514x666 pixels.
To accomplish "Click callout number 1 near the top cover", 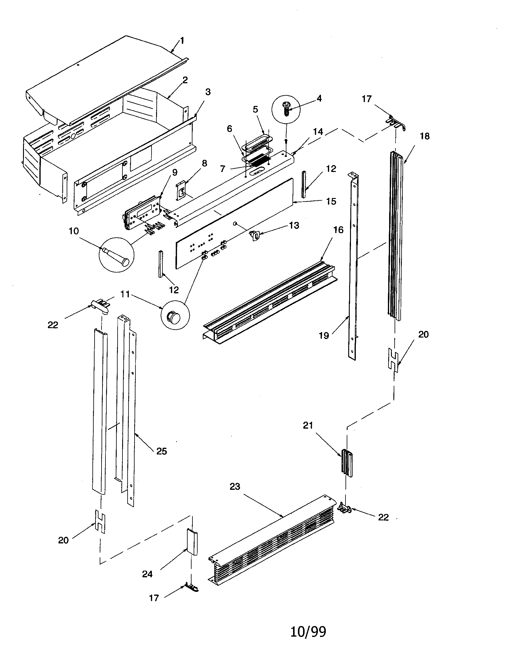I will point(182,41).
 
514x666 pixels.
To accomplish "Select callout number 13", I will point(294,225).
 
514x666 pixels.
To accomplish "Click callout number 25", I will point(162,451).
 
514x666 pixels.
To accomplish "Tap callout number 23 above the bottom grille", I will point(235,486).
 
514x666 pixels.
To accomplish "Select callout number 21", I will point(308,425).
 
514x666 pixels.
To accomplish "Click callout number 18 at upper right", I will point(425,136).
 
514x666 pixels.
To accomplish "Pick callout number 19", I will point(324,335).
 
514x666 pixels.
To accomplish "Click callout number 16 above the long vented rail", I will point(338,230).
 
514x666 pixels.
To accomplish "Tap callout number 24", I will point(147,574).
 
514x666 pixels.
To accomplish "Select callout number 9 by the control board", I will point(175,173).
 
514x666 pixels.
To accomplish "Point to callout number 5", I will point(255,109).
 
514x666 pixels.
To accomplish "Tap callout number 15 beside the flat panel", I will point(331,201).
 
